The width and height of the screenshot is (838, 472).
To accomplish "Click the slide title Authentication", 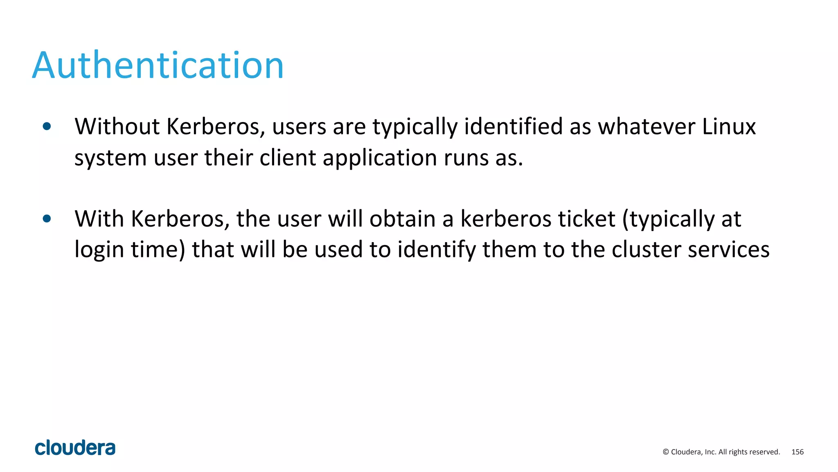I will tap(158, 66).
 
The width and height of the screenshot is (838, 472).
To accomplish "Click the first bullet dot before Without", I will tap(47, 127).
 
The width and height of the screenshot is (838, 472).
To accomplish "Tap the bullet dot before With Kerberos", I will tap(47, 219).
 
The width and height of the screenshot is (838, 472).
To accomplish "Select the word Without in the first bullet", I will tap(117, 127).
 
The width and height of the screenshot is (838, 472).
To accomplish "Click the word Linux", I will tap(729, 127).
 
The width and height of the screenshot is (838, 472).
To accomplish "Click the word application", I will tap(380, 158).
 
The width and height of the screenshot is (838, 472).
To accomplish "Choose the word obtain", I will tap(402, 219).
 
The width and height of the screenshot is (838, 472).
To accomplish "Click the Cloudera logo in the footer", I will tap(75, 448).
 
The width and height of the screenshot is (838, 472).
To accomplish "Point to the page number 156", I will tap(797, 452).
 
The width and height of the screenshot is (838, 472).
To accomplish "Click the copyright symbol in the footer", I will tap(666, 452).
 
